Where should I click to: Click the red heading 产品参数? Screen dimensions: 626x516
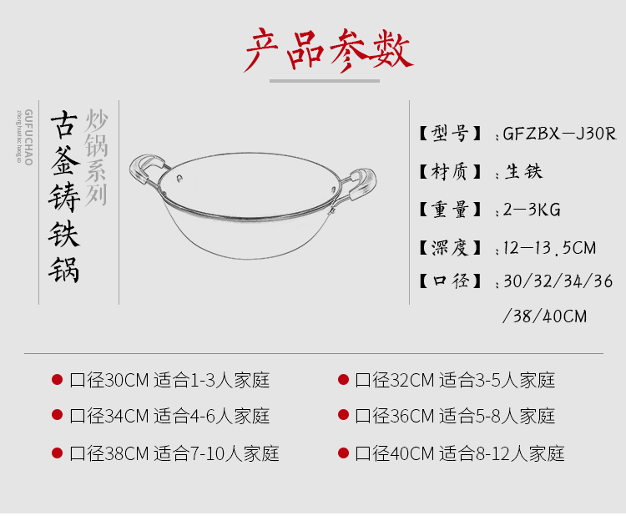click(327, 51)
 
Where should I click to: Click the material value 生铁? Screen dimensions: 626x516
click(524, 172)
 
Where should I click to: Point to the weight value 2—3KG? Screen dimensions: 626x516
click(533, 210)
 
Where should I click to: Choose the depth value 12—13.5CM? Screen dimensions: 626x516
click(550, 248)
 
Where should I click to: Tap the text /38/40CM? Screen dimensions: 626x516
click(545, 316)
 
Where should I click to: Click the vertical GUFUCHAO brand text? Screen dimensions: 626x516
click(28, 137)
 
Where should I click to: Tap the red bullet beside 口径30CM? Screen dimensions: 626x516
click(57, 380)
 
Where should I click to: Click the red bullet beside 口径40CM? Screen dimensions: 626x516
click(343, 453)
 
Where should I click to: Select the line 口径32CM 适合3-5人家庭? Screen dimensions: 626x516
click(455, 381)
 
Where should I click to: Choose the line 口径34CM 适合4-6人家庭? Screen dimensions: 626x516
click(169, 416)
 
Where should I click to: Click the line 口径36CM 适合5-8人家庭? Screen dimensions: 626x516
click(455, 416)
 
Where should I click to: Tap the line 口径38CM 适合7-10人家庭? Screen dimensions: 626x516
click(174, 453)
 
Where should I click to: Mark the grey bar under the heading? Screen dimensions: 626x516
click(325, 81)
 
